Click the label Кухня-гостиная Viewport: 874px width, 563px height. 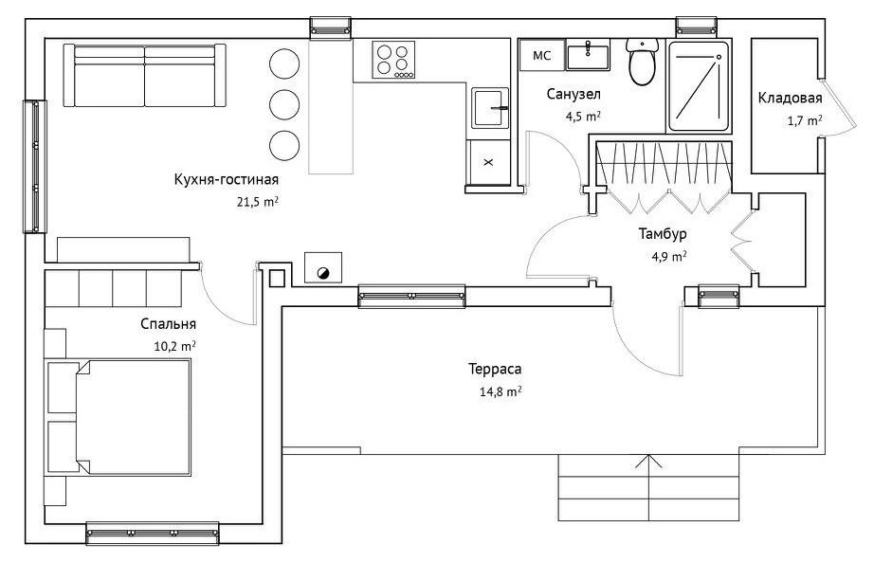[x=227, y=179]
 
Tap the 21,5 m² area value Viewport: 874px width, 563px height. [x=258, y=201]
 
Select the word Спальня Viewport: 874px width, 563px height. [x=169, y=324]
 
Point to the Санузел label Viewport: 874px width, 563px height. [x=574, y=94]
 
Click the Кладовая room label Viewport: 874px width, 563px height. [x=790, y=99]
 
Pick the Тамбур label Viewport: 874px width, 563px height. [x=663, y=233]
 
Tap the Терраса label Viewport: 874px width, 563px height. [x=495, y=369]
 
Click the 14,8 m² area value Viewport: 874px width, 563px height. [x=501, y=391]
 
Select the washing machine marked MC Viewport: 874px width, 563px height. [x=542, y=55]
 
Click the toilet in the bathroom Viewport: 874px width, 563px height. [x=642, y=61]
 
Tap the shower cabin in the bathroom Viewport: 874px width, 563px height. [x=699, y=86]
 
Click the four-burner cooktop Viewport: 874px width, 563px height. [x=393, y=61]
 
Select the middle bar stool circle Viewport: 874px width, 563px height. [x=284, y=103]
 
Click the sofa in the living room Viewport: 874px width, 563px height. [x=144, y=75]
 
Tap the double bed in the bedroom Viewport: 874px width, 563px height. [x=118, y=418]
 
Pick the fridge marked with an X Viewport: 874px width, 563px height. [x=489, y=162]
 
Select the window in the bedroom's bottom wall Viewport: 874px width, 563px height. [x=153, y=534]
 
